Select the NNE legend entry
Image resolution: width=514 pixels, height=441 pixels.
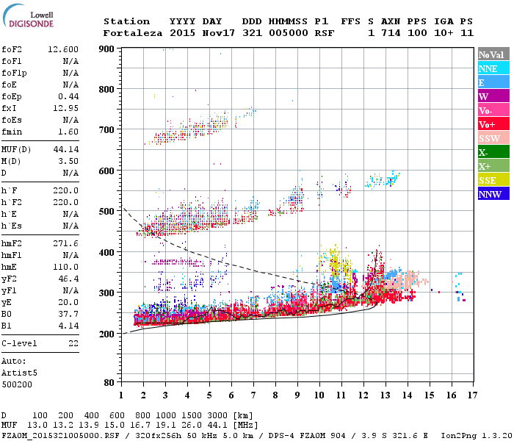coord(493,68)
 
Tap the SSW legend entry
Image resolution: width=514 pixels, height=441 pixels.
coord(493,138)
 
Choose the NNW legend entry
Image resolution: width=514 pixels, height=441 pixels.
coord(493,194)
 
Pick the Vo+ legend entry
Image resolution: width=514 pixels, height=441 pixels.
coord(493,124)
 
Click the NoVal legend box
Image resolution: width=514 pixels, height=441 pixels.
coord(493,54)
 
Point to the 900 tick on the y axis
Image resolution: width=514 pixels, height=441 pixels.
coord(108,49)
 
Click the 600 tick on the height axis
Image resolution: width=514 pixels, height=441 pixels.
coord(108,171)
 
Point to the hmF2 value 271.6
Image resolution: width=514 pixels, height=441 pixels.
coord(66,243)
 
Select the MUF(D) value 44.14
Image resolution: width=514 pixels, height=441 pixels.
coord(66,150)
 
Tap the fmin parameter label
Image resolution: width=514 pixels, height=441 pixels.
coord(12,132)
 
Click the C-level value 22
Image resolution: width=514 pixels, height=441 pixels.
coord(73,343)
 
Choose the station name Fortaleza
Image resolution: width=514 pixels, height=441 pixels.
coord(133,33)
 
